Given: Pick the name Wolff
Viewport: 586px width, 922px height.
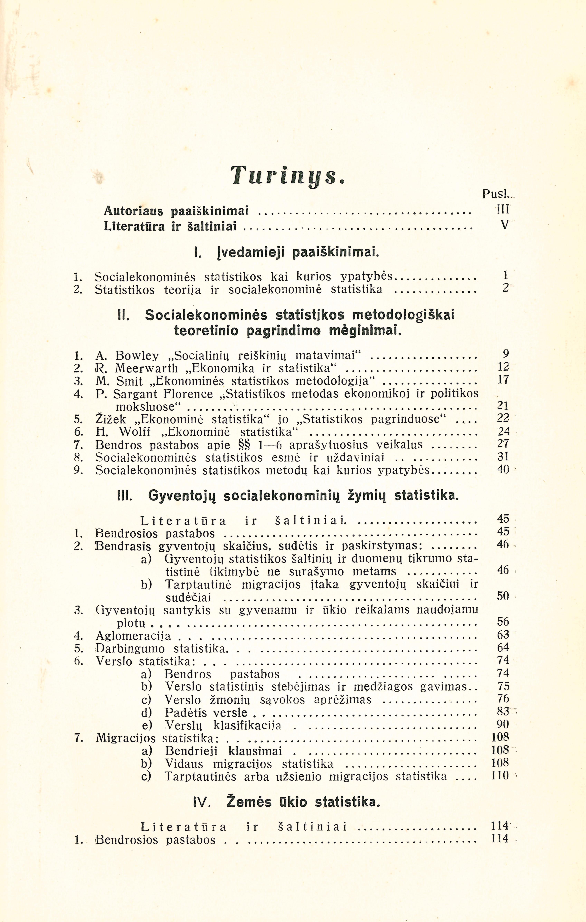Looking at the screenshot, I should (135, 432).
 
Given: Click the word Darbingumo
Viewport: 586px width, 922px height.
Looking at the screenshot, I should (130, 649).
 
